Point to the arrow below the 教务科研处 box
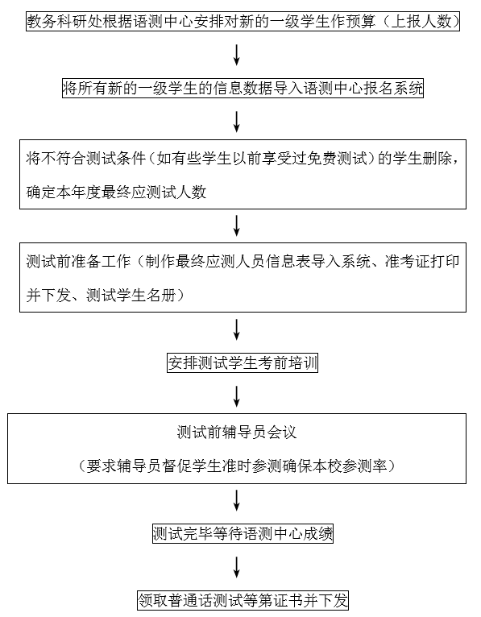click(x=237, y=55)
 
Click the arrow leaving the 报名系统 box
click(x=237, y=122)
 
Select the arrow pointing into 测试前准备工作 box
click(x=237, y=226)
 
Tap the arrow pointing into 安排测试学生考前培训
click(x=237, y=329)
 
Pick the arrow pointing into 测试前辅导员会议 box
click(x=237, y=396)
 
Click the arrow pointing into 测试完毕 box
click(x=237, y=500)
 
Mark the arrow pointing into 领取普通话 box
click(x=237, y=567)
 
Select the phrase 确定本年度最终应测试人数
click(x=116, y=193)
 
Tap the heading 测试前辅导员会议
click(x=237, y=433)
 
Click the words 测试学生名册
click(x=131, y=296)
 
